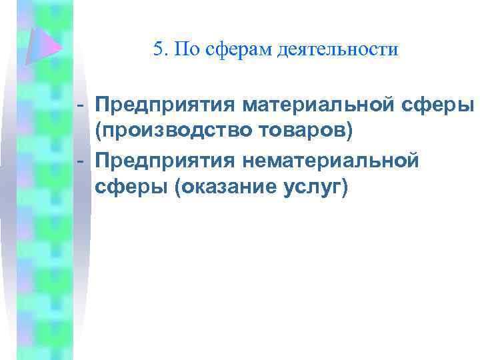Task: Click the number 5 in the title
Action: (x=157, y=49)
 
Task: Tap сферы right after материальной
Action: (x=444, y=106)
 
